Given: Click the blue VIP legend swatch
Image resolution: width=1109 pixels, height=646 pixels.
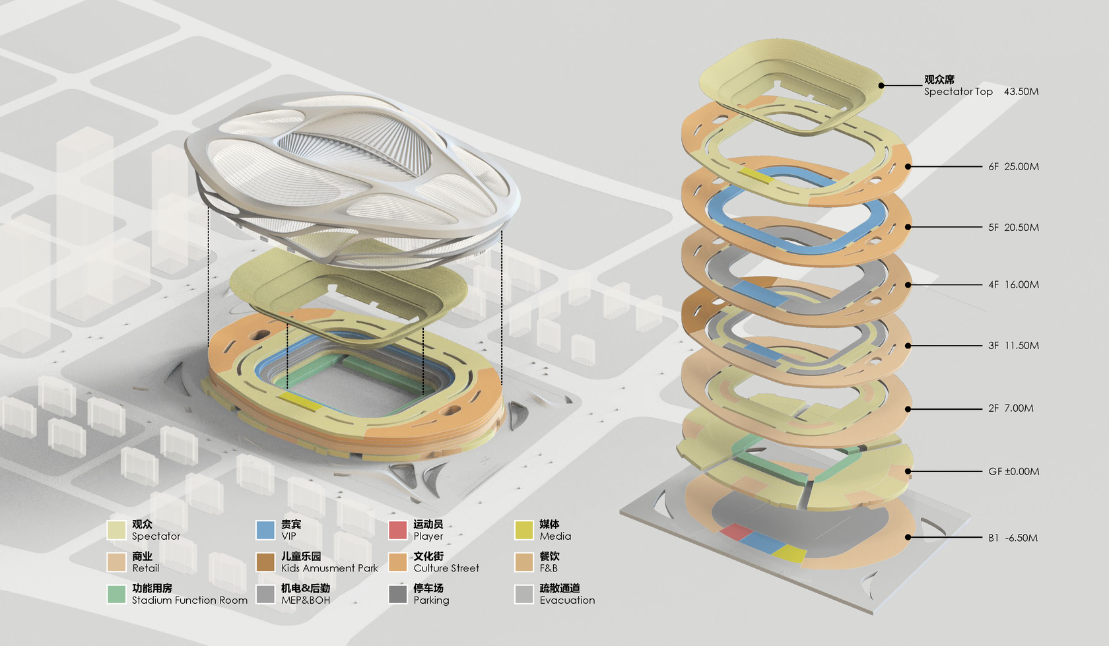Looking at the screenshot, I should (x=265, y=530).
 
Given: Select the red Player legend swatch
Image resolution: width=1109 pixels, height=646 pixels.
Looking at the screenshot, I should (x=397, y=530).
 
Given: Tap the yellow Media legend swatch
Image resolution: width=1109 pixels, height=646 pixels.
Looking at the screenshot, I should (x=523, y=530).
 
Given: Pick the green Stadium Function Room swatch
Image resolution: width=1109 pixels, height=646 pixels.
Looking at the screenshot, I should (x=116, y=594).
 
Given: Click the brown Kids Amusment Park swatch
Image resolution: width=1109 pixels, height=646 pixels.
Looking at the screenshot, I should (x=265, y=562).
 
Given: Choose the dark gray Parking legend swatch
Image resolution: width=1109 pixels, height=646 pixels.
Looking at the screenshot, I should (x=397, y=594).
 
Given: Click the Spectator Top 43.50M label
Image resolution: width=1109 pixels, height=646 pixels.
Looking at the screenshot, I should (x=981, y=92).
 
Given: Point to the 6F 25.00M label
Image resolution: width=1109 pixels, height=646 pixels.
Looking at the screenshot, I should (x=1013, y=167).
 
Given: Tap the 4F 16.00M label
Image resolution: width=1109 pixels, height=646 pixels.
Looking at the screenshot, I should (x=1013, y=285).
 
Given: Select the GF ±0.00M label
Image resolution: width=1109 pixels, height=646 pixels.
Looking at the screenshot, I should (x=1013, y=472).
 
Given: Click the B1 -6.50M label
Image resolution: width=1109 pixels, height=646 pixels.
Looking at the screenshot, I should (x=1013, y=538).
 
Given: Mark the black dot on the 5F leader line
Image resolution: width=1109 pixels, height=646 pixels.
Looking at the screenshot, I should (x=908, y=227).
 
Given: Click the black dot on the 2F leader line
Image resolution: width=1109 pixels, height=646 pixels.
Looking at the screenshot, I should (x=908, y=409).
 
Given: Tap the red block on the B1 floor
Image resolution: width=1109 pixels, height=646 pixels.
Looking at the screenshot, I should (x=736, y=532).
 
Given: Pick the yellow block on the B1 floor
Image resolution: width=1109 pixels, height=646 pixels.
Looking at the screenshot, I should (x=790, y=553).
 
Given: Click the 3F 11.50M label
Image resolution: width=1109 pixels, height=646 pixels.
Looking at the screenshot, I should (x=1013, y=346).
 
